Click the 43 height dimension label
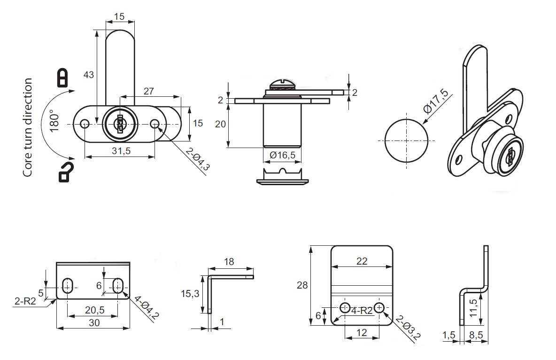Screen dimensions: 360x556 88,75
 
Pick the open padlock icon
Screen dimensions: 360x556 65,172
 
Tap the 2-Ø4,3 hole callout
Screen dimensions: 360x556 197,159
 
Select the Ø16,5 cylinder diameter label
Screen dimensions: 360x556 282,155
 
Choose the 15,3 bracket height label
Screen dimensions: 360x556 191,294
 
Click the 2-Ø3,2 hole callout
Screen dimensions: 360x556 407,327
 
